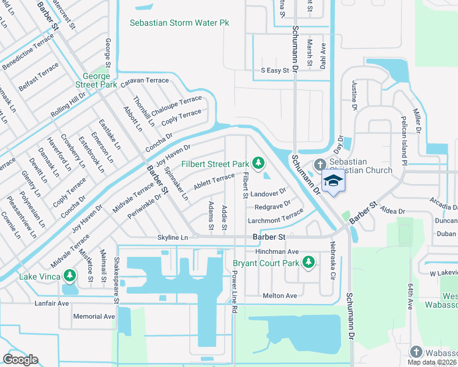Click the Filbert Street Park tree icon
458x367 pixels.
point(259,162)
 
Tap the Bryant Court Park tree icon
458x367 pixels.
point(309,263)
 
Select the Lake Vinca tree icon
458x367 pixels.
point(71,276)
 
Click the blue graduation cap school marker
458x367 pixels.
point(333,181)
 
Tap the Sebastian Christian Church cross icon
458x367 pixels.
point(319,165)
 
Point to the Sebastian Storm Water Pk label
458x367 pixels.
point(179,23)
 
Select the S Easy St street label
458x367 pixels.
point(275,71)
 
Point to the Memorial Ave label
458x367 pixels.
point(94,316)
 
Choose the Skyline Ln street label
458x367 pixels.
point(172,237)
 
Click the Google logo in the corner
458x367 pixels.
point(21,359)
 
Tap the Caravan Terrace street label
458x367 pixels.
point(144,81)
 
